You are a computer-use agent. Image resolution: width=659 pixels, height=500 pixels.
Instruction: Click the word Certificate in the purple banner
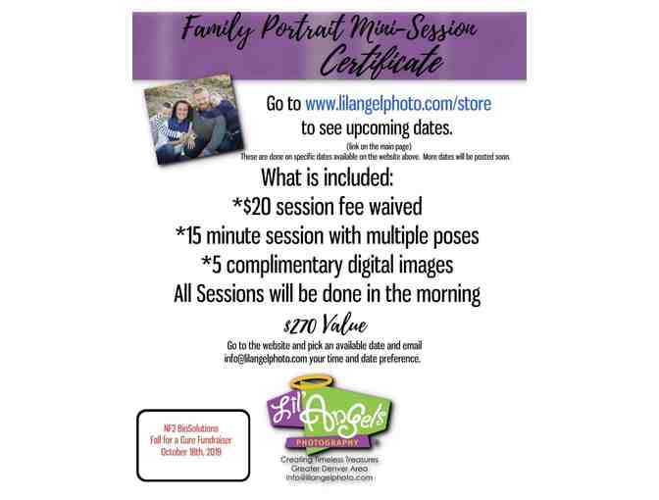click(380, 62)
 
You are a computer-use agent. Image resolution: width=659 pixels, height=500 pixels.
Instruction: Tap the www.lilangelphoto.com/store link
click(398, 103)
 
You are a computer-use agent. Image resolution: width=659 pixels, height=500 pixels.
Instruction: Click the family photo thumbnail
click(193, 119)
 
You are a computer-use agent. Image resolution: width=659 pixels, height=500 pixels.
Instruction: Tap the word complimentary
click(284, 266)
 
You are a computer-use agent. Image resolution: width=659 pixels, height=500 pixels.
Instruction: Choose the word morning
click(448, 294)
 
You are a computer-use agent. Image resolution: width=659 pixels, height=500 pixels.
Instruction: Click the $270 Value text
click(326, 325)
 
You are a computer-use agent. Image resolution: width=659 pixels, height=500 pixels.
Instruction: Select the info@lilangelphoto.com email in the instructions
click(265, 359)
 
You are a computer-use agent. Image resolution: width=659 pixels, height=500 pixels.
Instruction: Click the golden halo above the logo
click(311, 382)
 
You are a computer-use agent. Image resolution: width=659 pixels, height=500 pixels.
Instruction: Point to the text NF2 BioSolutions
click(191, 428)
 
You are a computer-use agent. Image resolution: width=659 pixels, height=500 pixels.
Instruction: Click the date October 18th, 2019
click(191, 452)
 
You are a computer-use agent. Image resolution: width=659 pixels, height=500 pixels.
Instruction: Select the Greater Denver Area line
click(329, 469)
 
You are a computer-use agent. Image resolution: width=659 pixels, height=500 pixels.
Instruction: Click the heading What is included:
click(327, 177)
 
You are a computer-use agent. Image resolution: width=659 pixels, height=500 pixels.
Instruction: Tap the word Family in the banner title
click(218, 28)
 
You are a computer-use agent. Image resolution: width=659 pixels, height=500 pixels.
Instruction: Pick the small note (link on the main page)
click(379, 146)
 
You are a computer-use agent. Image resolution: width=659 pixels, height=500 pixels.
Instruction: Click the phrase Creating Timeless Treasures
click(329, 460)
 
